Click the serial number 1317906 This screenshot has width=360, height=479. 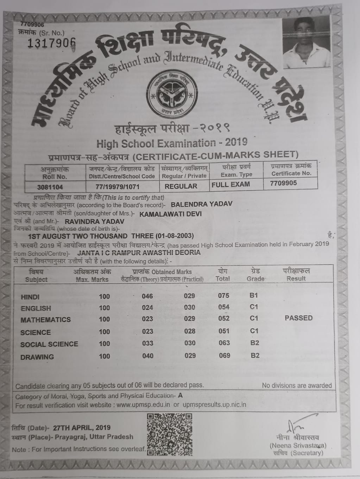click(51, 43)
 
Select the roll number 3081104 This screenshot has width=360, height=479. click(50, 187)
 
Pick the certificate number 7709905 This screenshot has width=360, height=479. click(283, 183)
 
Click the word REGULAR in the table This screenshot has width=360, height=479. click(181, 186)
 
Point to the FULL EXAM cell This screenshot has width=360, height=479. click(231, 184)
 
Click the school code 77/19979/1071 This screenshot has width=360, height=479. click(118, 186)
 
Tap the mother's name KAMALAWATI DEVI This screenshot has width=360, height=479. click(171, 213)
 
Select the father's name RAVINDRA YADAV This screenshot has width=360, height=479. click(95, 222)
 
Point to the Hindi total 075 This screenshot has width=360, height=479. click(223, 295)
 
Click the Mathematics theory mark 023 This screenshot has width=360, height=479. click(147, 319)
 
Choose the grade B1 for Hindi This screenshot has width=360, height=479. click(254, 295)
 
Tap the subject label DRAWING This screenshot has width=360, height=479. click(37, 357)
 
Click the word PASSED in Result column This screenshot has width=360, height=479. click(298, 318)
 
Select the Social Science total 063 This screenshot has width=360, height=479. click(224, 343)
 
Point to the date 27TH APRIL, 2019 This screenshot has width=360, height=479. click(82, 428)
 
